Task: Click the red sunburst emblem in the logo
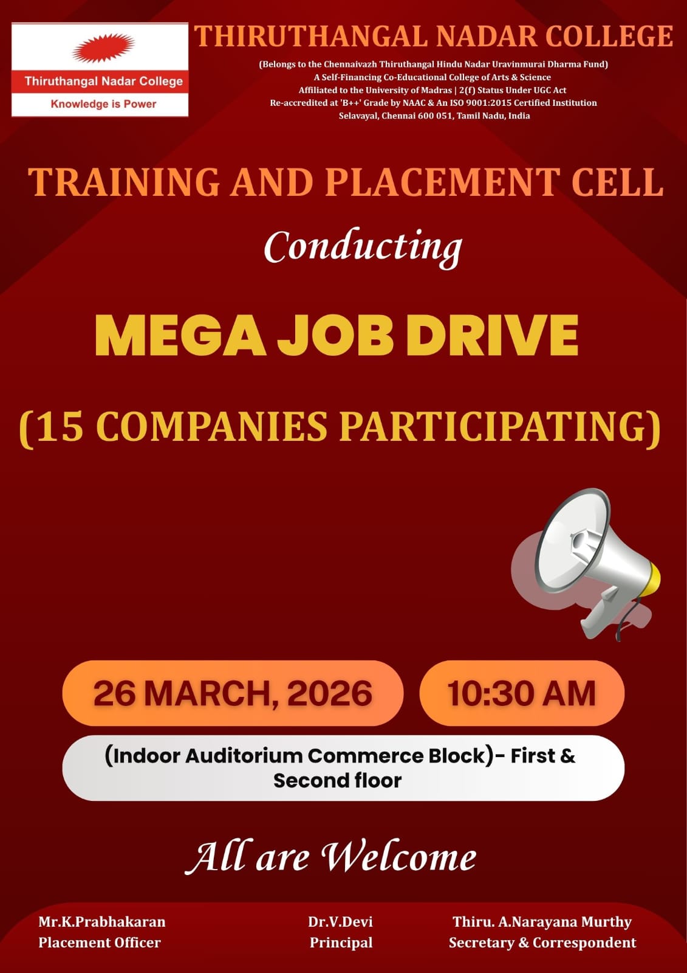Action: click(103, 49)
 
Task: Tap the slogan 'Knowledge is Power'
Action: click(103, 104)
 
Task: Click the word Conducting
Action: click(363, 247)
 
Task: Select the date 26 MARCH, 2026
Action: click(233, 693)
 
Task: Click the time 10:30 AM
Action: click(521, 693)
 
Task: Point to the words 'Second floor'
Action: click(338, 780)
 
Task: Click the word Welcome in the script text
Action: click(398, 857)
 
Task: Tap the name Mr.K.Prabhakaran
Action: click(102, 922)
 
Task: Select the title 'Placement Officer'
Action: click(100, 943)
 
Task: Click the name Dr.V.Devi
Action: click(340, 922)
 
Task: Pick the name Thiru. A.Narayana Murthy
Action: click(542, 922)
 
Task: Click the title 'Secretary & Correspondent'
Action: click(542, 943)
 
